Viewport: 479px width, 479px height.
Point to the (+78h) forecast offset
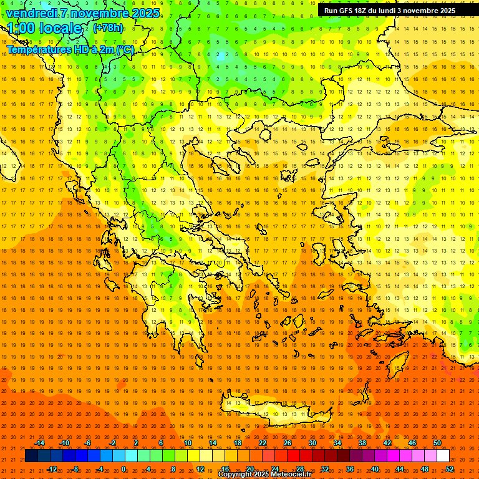[x=108, y=28]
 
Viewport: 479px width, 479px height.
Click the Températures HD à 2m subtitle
[x=70, y=49]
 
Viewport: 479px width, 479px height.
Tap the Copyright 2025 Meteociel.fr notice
[x=264, y=475]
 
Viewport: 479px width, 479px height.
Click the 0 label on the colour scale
[x=123, y=468]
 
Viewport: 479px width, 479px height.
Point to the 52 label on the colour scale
[x=450, y=468]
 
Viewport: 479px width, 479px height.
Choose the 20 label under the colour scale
[x=250, y=468]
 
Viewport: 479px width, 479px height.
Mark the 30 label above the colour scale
[x=312, y=443]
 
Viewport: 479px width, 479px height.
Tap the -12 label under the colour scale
[x=52, y=468]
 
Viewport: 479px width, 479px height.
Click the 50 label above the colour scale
[x=437, y=443]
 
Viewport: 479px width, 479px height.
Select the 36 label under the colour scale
[x=350, y=468]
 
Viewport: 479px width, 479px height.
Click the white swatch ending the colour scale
[x=443, y=456]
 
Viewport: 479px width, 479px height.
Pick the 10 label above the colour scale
[x=187, y=443]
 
